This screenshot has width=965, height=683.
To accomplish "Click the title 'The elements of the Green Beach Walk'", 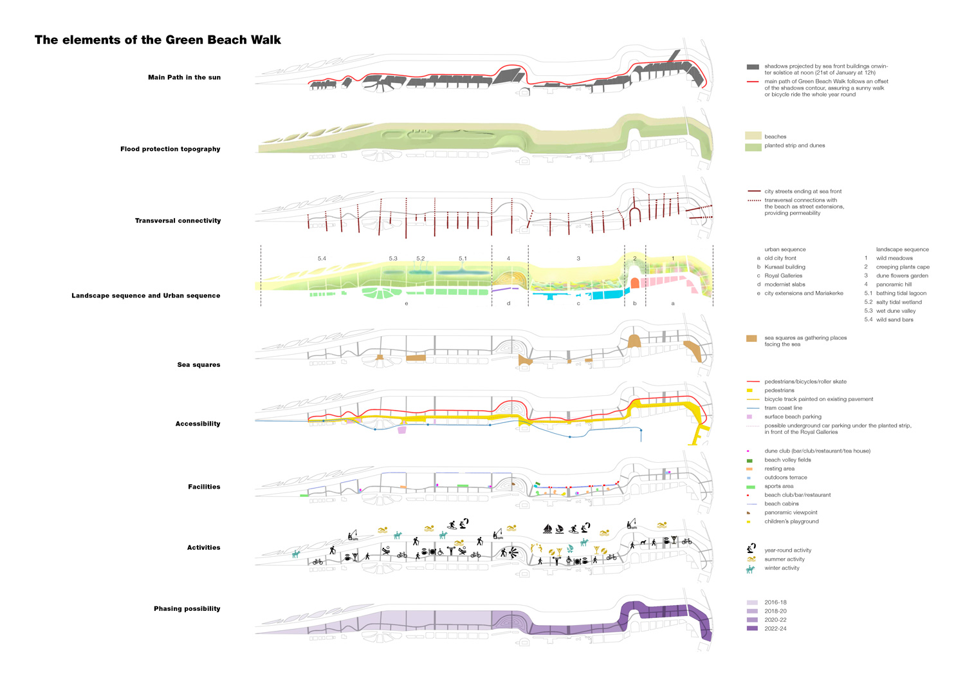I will [158, 40].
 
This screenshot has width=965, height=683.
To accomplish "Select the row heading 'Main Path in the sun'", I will [184, 77].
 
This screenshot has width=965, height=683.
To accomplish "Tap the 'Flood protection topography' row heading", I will [170, 149].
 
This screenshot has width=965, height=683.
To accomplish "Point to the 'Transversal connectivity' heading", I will [178, 221].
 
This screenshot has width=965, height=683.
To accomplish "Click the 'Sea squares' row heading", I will [198, 364].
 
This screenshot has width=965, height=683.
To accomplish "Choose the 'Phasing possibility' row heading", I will [187, 608].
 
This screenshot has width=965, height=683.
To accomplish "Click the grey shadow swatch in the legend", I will [753, 67].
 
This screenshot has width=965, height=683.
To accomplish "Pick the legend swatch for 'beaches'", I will [753, 136].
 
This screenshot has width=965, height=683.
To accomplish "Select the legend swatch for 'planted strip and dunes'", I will [753, 147].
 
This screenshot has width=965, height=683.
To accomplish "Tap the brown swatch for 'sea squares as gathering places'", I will [751, 339].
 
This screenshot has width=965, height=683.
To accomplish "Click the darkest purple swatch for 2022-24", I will [752, 628].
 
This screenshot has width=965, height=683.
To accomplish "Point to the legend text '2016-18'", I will [775, 603].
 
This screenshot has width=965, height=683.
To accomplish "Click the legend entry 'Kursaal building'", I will [784, 267].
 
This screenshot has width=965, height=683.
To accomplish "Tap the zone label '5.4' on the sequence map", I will [322, 259].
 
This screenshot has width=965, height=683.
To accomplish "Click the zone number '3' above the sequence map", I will [578, 259].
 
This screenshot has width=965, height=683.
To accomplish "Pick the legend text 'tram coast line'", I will [783, 408].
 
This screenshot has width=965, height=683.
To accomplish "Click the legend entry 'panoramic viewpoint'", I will [791, 512].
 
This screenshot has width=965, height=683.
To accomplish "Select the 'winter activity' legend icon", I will [751, 569].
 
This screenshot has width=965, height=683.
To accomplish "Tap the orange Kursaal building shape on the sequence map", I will [634, 283].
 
